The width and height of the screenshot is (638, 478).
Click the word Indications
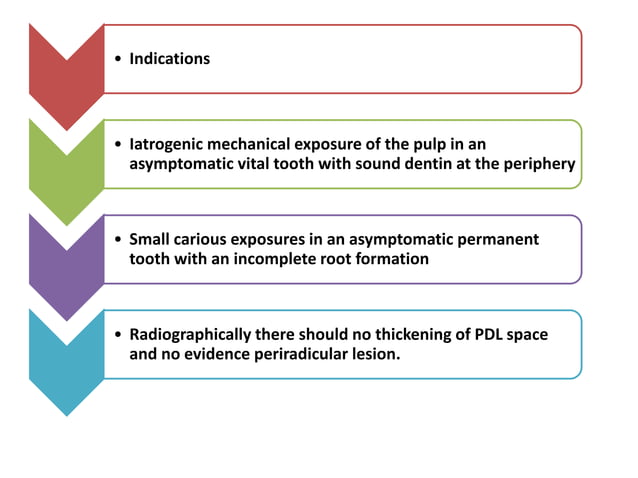pyautogui.click(x=169, y=59)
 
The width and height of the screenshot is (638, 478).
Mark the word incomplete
pyautogui.click(x=282, y=259)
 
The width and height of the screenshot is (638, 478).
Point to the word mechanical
pyautogui.click(x=265, y=145)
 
